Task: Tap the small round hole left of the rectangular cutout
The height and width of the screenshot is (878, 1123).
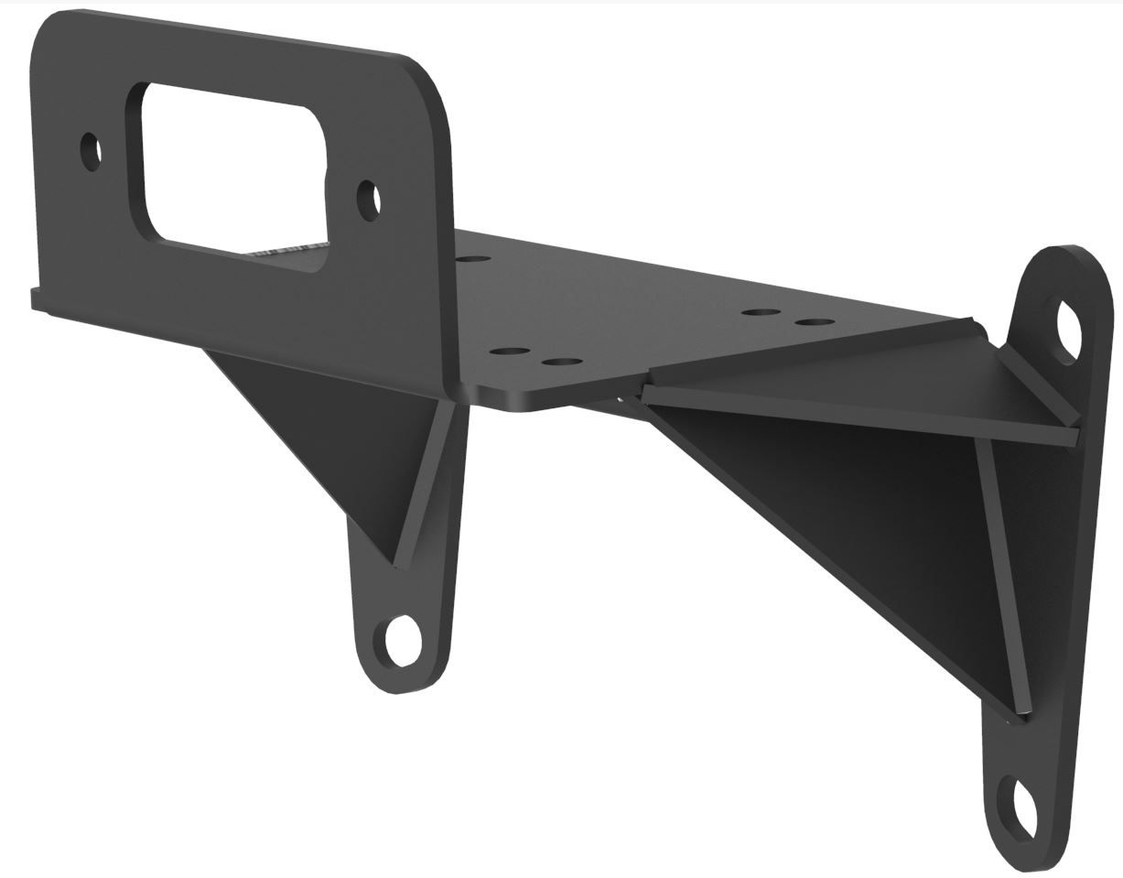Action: click(91, 152)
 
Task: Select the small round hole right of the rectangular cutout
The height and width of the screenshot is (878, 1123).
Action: click(369, 200)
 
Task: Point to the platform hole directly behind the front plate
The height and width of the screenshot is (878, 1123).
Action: click(472, 260)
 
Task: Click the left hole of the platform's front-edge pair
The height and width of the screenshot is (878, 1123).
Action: click(510, 352)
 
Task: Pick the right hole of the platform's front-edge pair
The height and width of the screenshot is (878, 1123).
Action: click(562, 363)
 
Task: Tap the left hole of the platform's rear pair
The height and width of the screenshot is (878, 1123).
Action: click(761, 313)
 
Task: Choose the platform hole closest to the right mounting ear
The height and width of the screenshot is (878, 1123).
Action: click(814, 322)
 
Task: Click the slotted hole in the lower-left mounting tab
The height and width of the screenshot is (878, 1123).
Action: click(403, 640)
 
